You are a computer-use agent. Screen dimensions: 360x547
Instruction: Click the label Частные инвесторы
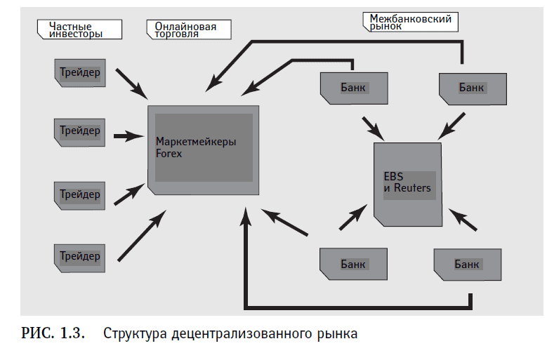pyautogui.click(x=79, y=29)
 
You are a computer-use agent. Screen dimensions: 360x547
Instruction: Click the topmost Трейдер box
pyautogui.click(x=79, y=72)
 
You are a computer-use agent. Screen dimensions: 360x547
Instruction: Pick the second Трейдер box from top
pyautogui.click(x=79, y=131)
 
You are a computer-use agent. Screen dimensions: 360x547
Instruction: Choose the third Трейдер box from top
pyautogui.click(x=79, y=194)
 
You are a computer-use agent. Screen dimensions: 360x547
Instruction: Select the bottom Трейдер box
pyautogui.click(x=79, y=256)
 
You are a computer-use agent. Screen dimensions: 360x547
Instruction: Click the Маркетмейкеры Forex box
pyautogui.click(x=203, y=148)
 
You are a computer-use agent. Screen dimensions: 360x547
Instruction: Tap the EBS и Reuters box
pyautogui.click(x=407, y=184)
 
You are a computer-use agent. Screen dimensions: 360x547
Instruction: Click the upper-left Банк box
pyautogui.click(x=353, y=87)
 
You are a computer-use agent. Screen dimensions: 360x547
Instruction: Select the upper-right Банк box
pyautogui.click(x=471, y=88)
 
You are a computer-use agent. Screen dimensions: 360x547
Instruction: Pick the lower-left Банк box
pyautogui.click(x=353, y=264)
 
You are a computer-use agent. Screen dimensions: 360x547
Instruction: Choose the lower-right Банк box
pyautogui.click(x=467, y=264)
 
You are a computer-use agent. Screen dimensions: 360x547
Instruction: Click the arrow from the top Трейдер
pyautogui.click(x=131, y=83)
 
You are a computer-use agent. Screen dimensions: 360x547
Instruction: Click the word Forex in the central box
pyautogui.click(x=169, y=154)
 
